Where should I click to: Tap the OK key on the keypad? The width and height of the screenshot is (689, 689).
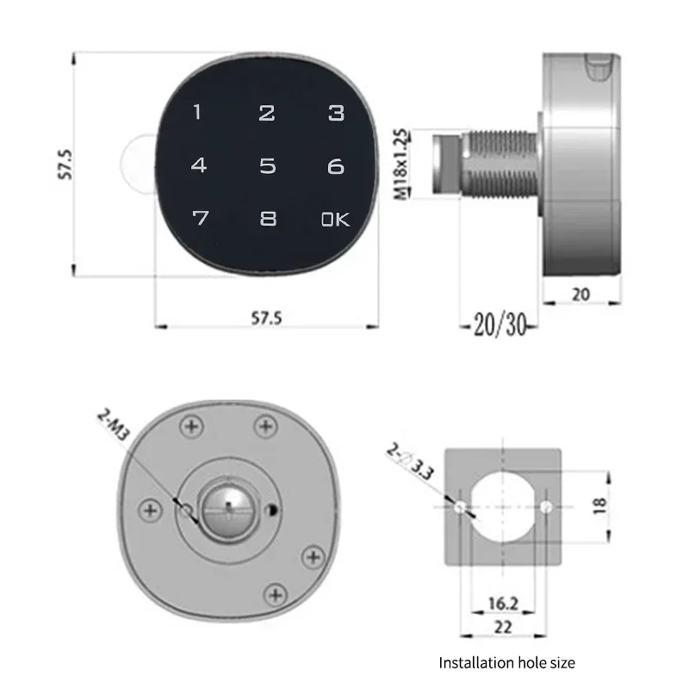click(x=335, y=220)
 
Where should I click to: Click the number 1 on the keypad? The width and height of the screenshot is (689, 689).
click(x=197, y=112)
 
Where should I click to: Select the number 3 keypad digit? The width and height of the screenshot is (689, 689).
click(x=337, y=113)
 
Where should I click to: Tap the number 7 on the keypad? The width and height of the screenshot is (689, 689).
click(x=201, y=218)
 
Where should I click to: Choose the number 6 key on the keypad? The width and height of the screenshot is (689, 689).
click(x=336, y=166)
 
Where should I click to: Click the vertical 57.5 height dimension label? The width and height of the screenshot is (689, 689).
click(x=65, y=164)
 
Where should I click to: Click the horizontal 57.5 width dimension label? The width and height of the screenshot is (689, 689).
click(x=266, y=318)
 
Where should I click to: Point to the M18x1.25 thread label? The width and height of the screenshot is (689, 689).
click(x=400, y=164)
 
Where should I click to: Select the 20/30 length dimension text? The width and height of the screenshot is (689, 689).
click(x=500, y=325)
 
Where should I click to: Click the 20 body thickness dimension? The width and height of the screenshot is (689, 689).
click(x=580, y=295)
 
